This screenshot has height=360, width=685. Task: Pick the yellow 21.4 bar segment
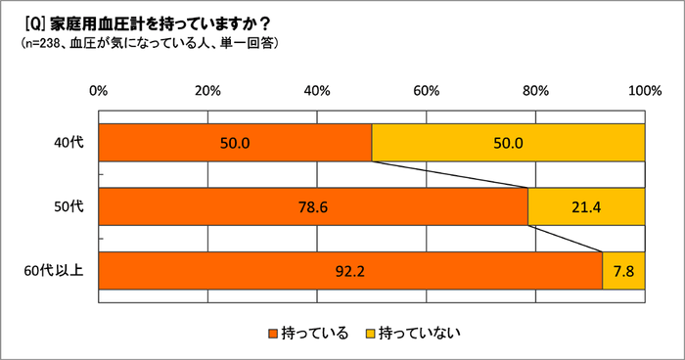[x=586, y=205]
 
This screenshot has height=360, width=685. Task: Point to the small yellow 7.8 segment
[x=623, y=270]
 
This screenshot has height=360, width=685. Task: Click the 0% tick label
[x=99, y=91]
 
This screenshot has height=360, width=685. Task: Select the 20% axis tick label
[x=207, y=91]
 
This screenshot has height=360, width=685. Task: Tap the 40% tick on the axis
[x=317, y=91]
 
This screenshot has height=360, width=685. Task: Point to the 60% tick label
[x=426, y=91]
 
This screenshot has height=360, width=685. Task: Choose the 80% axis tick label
[x=535, y=91]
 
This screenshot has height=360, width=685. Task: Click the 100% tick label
[x=644, y=91]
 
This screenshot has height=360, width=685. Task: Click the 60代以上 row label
[x=60, y=270]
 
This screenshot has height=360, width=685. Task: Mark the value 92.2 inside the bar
[x=350, y=271]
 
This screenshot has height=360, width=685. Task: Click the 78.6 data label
[x=313, y=206]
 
